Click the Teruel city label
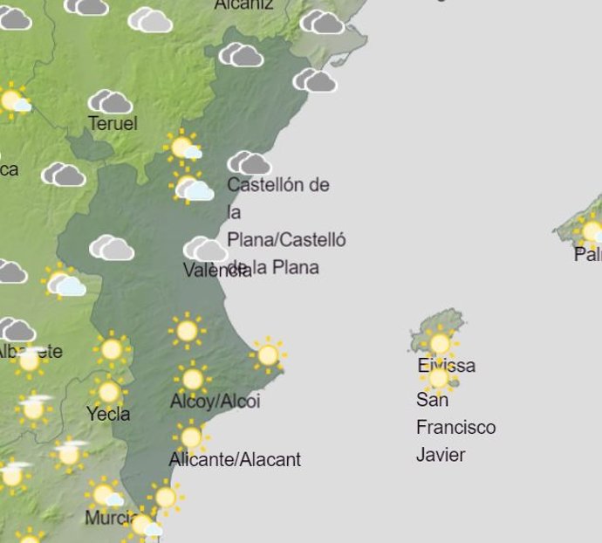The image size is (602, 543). (113, 124)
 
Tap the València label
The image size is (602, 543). (217, 270)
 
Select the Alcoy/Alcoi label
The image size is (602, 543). (215, 402)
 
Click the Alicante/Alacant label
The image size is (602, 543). (235, 459)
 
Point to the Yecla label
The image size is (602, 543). (108, 414)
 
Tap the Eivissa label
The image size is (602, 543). (446, 365)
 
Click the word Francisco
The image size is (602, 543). (455, 427)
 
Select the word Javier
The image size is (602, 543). (441, 455)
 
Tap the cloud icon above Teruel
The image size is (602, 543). (110, 101)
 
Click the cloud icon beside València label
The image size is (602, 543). (205, 250)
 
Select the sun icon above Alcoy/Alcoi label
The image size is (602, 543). (192, 379)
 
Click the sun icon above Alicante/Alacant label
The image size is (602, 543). (190, 437)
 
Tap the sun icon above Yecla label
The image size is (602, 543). (108, 392)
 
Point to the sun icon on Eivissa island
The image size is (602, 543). (439, 342)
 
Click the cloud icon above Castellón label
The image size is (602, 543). (249, 163)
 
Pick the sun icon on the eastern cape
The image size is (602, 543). (268, 354)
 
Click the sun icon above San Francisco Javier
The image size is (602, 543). (439, 379)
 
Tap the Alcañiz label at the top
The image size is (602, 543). (243, 4)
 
